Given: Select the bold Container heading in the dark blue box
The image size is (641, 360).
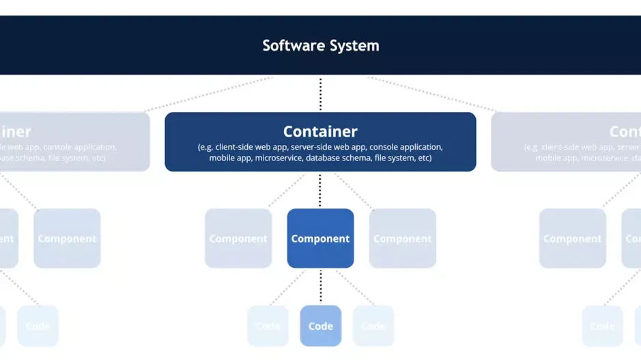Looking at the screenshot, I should point(320,131).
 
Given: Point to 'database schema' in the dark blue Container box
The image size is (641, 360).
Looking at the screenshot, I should point(335,158).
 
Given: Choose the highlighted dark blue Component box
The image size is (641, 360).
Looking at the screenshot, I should point(320,238).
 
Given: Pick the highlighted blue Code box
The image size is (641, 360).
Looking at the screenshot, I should point(320,326).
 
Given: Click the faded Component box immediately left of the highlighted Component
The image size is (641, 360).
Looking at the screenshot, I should point(238,238).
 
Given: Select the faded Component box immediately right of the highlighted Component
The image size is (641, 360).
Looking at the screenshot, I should point(403,238).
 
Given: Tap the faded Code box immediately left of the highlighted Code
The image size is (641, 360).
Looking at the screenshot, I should point(268,326).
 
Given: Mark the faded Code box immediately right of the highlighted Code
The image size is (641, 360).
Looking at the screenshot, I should point(373,326).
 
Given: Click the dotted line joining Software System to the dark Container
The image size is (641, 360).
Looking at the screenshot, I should point(320,94).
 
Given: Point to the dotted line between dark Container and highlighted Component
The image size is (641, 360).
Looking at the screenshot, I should point(320,190).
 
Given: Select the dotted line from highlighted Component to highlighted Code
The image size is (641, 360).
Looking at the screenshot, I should point(320,286).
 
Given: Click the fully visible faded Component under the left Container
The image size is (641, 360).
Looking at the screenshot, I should point(67,238).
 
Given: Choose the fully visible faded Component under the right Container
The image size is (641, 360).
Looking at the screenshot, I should point(572,238).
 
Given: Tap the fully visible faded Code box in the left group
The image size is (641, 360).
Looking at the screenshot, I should point(38,326).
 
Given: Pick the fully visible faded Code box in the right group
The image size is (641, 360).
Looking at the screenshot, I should point(602,326).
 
